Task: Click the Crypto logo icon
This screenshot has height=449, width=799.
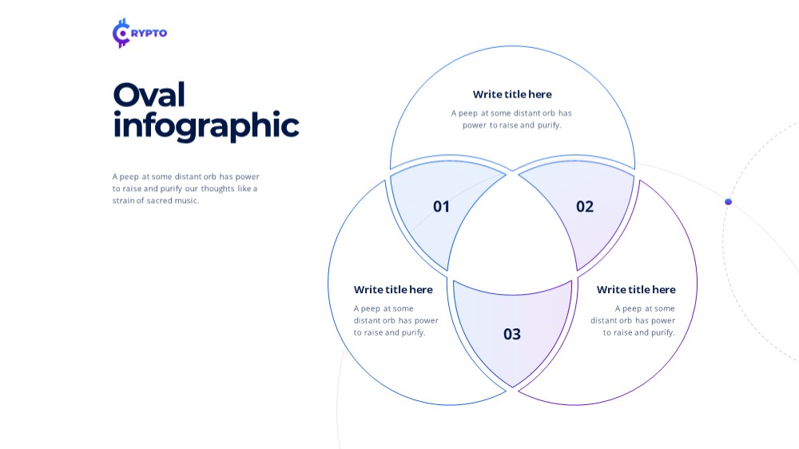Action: [x=121, y=33]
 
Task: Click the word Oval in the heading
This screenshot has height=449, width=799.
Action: [x=149, y=95]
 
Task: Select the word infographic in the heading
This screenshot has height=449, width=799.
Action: [x=206, y=126]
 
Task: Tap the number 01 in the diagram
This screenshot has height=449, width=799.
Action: [x=441, y=206]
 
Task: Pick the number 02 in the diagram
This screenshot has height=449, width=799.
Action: [x=585, y=206]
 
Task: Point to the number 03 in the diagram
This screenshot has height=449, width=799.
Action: [x=512, y=334]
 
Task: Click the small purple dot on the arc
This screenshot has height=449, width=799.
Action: [x=728, y=202]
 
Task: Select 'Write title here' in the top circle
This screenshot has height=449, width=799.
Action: [x=512, y=94]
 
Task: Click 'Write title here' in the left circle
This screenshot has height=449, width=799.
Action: [x=393, y=289]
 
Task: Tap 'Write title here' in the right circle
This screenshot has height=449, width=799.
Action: [x=636, y=289]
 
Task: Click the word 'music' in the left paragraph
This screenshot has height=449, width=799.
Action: [x=185, y=201]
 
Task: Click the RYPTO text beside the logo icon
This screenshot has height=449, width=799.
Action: [x=149, y=33]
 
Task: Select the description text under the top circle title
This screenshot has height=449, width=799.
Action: [x=511, y=119]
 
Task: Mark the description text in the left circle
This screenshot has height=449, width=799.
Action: [x=396, y=320]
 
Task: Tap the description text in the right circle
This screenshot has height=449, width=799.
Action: [x=633, y=320]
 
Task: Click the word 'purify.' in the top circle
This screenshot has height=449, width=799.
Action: [x=548, y=125]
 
